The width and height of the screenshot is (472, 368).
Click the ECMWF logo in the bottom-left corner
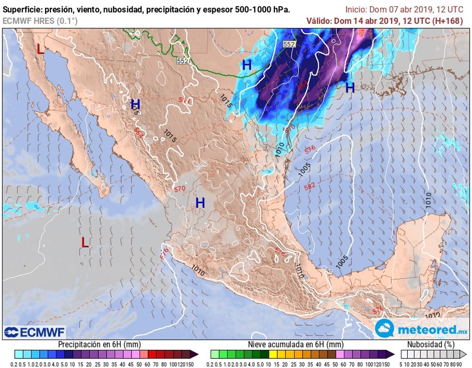point(35,332)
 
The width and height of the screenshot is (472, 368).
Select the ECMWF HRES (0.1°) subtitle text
point(40,21)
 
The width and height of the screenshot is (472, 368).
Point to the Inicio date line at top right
point(404,9)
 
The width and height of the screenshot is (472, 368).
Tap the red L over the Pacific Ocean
point(84,242)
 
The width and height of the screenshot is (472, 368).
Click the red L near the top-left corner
point(40,49)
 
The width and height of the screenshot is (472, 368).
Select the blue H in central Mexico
point(200,203)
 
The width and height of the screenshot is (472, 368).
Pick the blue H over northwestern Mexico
point(135,104)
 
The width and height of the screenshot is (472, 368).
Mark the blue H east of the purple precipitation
point(350,88)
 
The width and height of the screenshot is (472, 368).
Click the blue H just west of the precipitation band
point(247,66)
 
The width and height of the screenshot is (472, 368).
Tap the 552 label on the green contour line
point(183,61)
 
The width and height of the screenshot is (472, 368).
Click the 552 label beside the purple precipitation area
point(289,44)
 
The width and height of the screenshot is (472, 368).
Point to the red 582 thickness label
point(309,186)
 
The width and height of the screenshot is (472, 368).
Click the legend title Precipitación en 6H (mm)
point(99,344)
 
